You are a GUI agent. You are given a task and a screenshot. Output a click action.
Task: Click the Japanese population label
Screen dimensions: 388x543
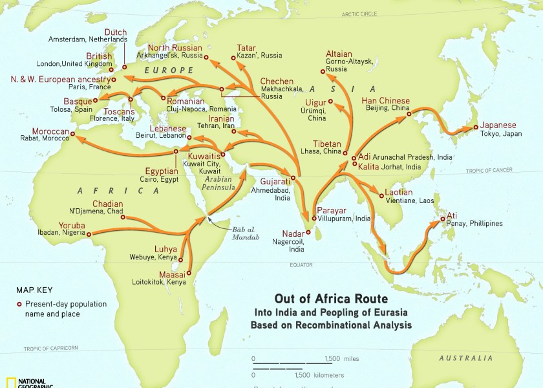click(498, 125)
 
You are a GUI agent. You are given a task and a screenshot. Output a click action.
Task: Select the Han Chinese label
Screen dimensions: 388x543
click(385, 101)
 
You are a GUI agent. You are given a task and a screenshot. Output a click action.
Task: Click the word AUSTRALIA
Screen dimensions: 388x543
click(465, 358)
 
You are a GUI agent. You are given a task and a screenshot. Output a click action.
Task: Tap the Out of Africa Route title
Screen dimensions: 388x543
click(331, 299)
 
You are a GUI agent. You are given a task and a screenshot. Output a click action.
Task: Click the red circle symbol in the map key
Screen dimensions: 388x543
click(19, 304)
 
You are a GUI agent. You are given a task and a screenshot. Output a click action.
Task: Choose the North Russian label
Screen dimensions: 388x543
click(175, 48)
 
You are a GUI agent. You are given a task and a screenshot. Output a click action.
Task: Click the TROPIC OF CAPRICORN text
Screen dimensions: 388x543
click(51, 348)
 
